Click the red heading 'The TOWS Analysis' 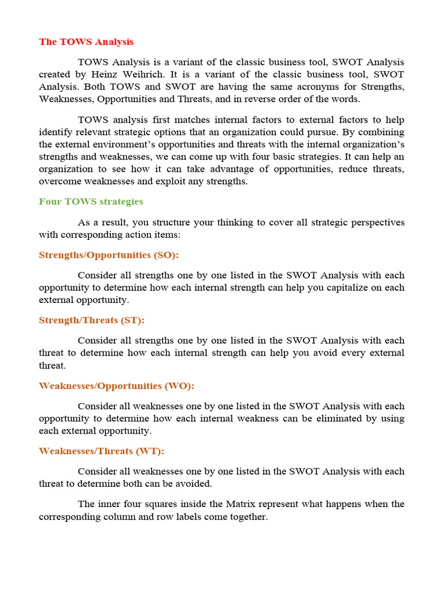click(86, 42)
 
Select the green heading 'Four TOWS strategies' click(91, 202)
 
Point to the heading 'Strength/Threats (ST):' click(91, 320)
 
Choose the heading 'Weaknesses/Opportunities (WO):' click(116, 386)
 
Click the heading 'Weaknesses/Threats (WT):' click(101, 451)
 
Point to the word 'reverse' click(272, 99)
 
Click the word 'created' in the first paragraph click(55, 75)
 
